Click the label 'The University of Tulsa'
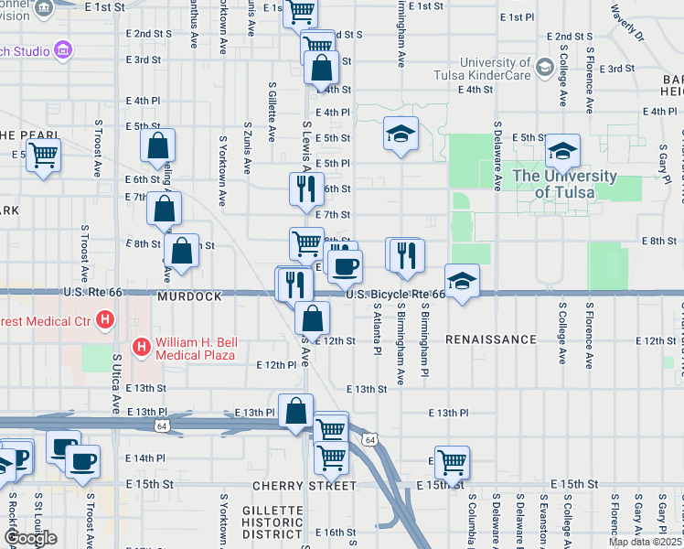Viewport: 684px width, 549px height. coord(564,183)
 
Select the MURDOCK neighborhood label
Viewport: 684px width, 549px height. coord(189,297)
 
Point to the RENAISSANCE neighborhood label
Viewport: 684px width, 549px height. coord(491,339)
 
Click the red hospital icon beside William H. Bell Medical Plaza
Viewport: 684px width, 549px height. coord(142,347)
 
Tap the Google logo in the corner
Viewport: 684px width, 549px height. coord(31,538)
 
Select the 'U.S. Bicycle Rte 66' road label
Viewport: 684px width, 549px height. coord(395,295)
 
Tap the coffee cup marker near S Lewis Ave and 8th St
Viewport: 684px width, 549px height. coord(345,266)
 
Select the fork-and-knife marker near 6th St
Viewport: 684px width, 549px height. coord(305,188)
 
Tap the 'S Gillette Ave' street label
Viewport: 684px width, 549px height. coord(272,111)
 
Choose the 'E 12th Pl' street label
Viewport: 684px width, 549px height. coord(278,364)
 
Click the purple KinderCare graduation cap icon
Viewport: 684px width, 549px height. coord(544,68)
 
